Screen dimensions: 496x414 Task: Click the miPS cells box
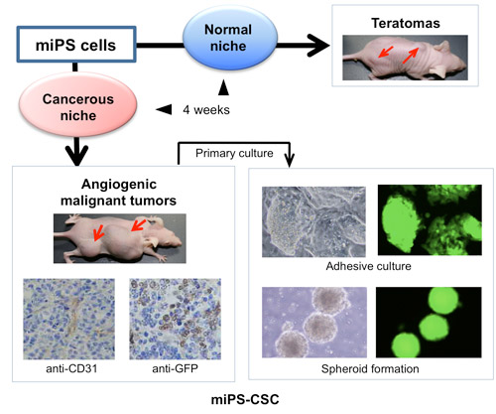[76, 45]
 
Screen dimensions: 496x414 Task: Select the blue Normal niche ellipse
[229, 38]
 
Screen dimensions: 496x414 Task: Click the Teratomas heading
[406, 23]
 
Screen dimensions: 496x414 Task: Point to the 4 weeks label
[206, 110]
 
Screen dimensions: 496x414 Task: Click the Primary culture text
[234, 153]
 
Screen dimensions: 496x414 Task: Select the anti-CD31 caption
[71, 368]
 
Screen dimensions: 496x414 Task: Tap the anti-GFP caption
[176, 368]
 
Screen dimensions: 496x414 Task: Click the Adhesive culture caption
[369, 266]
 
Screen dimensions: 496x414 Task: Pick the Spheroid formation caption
[370, 368]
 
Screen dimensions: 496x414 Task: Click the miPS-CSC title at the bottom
[245, 399]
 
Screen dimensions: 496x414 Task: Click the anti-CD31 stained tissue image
[68, 319]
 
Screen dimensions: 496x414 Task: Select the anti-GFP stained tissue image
[176, 319]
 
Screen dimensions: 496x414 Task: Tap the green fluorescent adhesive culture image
[430, 219]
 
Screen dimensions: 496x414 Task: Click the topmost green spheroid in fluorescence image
[444, 301]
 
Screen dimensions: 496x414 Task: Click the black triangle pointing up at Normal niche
[224, 87]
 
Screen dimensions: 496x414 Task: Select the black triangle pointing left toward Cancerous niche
[164, 109]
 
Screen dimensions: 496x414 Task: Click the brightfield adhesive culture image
[313, 221]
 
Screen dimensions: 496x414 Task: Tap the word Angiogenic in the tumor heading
[119, 185]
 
